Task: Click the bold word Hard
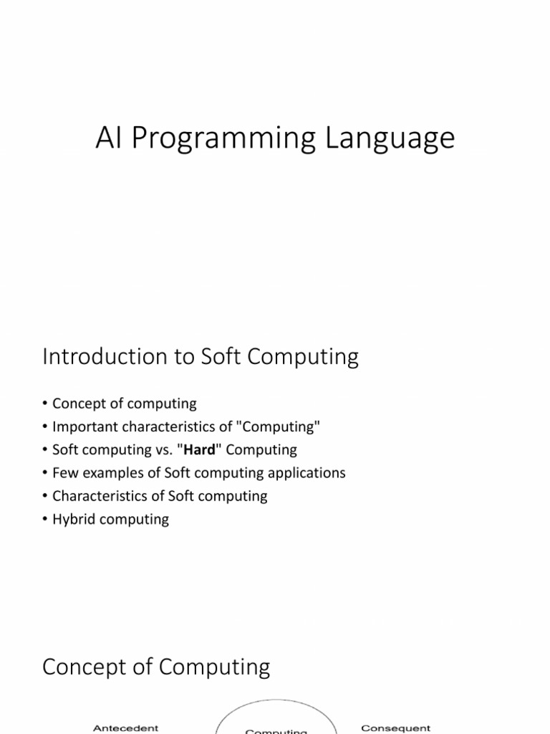(x=200, y=450)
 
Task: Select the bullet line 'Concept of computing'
(x=124, y=404)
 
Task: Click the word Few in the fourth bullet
(x=64, y=473)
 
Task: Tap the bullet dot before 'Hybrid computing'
(x=46, y=519)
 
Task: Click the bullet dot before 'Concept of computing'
(x=46, y=404)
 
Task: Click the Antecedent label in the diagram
(x=125, y=728)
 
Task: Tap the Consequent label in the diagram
(x=395, y=728)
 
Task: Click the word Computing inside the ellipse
(x=276, y=731)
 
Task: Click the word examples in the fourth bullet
(x=109, y=473)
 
